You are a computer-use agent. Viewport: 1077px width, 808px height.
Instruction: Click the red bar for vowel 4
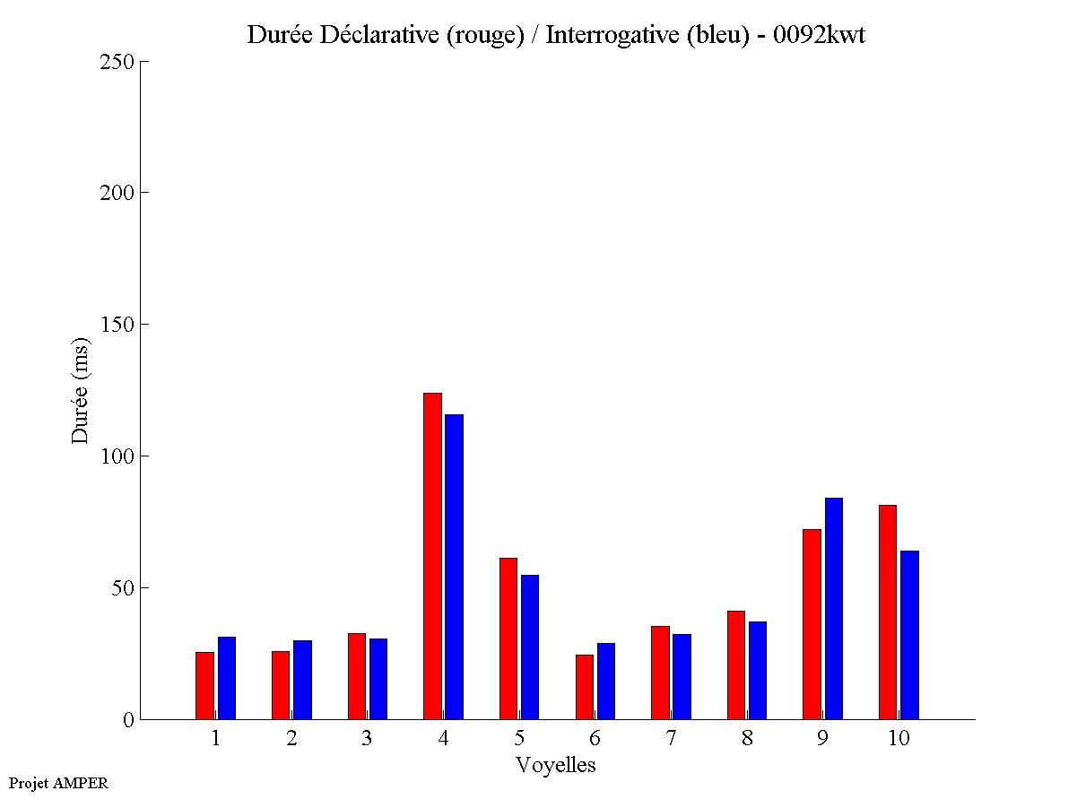(x=432, y=556)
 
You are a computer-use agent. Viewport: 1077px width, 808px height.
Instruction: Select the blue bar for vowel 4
(x=454, y=567)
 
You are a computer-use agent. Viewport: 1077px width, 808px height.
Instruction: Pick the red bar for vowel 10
(x=888, y=612)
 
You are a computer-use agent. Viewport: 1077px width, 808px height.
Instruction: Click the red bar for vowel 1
(x=204, y=685)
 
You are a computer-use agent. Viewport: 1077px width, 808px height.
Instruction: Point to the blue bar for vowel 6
(x=605, y=681)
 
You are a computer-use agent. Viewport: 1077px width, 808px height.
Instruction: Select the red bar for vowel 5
(x=508, y=639)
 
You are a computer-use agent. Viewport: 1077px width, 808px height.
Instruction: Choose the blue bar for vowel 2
(x=302, y=680)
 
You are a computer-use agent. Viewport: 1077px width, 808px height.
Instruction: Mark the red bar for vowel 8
(x=736, y=665)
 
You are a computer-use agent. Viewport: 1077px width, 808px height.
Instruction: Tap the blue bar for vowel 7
(x=682, y=676)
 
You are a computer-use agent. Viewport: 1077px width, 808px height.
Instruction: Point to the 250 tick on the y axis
(x=142, y=61)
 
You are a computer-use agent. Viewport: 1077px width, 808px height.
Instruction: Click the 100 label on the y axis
(x=116, y=456)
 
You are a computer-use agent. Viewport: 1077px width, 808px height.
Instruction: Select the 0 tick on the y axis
(x=142, y=719)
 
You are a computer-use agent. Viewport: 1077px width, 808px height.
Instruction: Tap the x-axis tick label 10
(x=899, y=738)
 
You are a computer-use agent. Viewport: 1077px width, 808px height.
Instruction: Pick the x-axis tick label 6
(x=595, y=738)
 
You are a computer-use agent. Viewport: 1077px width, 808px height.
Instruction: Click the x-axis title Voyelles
(x=556, y=765)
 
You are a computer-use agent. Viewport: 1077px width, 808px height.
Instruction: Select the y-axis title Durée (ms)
(x=82, y=390)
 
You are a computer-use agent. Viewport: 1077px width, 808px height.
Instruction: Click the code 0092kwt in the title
(x=819, y=35)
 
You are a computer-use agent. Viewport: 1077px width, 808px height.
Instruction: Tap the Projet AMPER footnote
(x=58, y=783)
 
